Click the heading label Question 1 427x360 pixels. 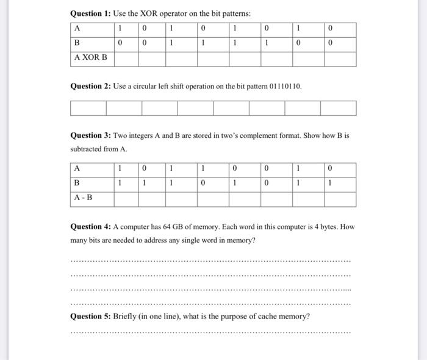(x=90, y=13)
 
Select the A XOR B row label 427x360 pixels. (x=90, y=58)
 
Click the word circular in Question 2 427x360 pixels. (x=153, y=86)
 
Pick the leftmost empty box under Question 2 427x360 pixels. (x=88, y=109)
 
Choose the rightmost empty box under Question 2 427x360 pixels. (x=339, y=109)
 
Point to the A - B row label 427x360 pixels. (x=84, y=198)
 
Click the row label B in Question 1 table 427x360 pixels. (x=77, y=43)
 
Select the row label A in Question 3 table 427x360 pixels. (x=77, y=168)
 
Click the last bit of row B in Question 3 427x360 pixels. (x=329, y=183)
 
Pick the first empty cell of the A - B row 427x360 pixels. (x=125, y=198)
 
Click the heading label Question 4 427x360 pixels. (x=90, y=227)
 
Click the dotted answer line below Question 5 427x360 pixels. (x=210, y=333)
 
